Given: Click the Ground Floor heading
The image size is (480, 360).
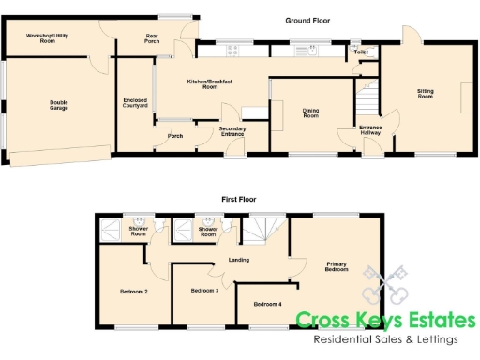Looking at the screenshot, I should click(x=308, y=20).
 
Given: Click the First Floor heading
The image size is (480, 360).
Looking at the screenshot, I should click(x=240, y=199).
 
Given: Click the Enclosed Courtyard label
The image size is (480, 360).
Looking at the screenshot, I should click(x=136, y=103).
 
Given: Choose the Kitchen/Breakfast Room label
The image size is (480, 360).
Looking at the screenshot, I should click(x=209, y=84).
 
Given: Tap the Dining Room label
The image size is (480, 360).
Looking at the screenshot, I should click(x=310, y=113).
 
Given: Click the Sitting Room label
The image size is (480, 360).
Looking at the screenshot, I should click(x=425, y=93).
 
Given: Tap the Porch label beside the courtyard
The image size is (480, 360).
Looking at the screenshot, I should click(x=175, y=136).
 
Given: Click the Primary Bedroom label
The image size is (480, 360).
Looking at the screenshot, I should click(x=337, y=266).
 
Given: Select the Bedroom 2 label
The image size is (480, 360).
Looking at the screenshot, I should click(x=133, y=292).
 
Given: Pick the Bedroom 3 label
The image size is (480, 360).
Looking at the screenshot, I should click(x=204, y=291).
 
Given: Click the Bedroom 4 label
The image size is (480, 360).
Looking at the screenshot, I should click(x=267, y=304).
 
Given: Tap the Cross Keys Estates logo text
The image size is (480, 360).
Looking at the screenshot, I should click(x=385, y=321).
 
